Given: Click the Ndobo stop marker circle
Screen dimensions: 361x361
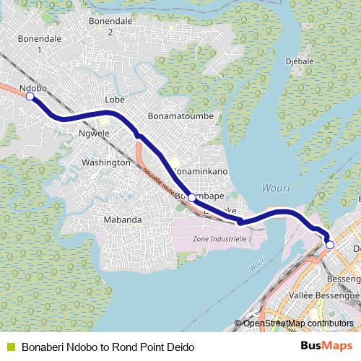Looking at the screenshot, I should coord(30,100).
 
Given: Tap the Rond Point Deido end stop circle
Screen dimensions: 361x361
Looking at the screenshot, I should coord(330,245).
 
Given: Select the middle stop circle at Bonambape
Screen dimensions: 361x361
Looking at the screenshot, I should coord(191,197).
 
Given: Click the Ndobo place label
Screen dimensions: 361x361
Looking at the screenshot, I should coord(33,88).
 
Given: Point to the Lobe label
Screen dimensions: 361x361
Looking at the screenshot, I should coord(116,100).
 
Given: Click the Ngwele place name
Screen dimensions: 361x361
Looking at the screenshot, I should coord(94,134).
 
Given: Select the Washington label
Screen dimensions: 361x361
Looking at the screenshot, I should coord(105,162).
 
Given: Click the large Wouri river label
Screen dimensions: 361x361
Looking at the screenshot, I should coord(275,188).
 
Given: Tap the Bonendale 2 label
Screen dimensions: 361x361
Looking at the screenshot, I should coord(110,26).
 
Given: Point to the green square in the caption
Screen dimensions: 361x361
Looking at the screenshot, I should coord(10,347).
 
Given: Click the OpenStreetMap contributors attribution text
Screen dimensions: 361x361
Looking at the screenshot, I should coord(297,323).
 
